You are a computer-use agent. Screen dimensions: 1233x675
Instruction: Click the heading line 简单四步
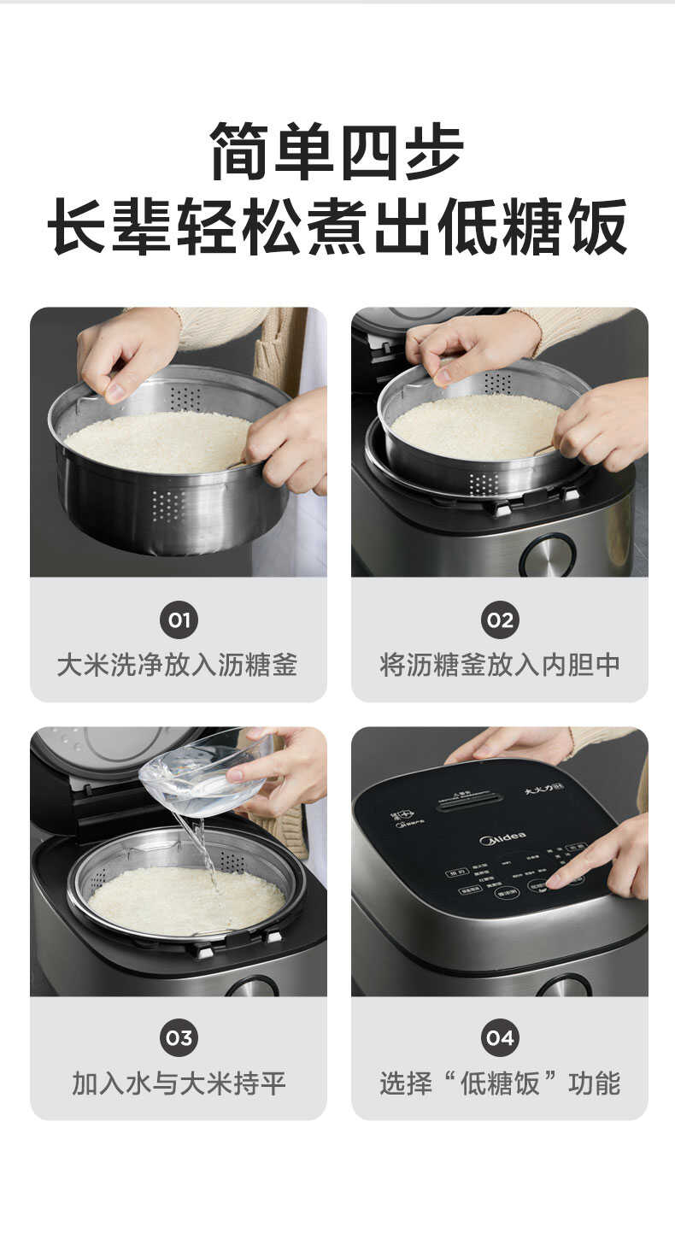[337, 151]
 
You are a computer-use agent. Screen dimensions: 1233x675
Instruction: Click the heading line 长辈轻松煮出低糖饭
[337, 226]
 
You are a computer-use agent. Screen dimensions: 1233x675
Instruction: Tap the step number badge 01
[179, 620]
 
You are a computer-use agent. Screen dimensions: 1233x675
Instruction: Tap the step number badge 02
[500, 620]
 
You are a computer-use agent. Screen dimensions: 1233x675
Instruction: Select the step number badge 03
[179, 1038]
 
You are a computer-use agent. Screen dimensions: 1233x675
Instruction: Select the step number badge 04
[500, 1038]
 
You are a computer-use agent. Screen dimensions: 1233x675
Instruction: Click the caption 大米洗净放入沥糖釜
[178, 665]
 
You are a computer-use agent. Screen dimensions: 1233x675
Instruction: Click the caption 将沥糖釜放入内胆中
[500, 665]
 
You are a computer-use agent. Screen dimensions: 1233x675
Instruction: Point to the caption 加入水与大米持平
[178, 1083]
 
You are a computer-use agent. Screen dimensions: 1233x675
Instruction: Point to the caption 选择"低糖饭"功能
[500, 1083]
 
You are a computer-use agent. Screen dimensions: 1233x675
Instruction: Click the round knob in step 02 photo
[547, 555]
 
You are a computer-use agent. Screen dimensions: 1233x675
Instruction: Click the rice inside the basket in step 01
[158, 440]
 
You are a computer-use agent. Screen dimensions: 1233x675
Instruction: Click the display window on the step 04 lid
[468, 804]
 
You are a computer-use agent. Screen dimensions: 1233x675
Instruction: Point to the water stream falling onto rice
[203, 850]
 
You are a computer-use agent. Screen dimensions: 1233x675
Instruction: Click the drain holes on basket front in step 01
[167, 506]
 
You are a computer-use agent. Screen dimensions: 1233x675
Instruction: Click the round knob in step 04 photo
[564, 987]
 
